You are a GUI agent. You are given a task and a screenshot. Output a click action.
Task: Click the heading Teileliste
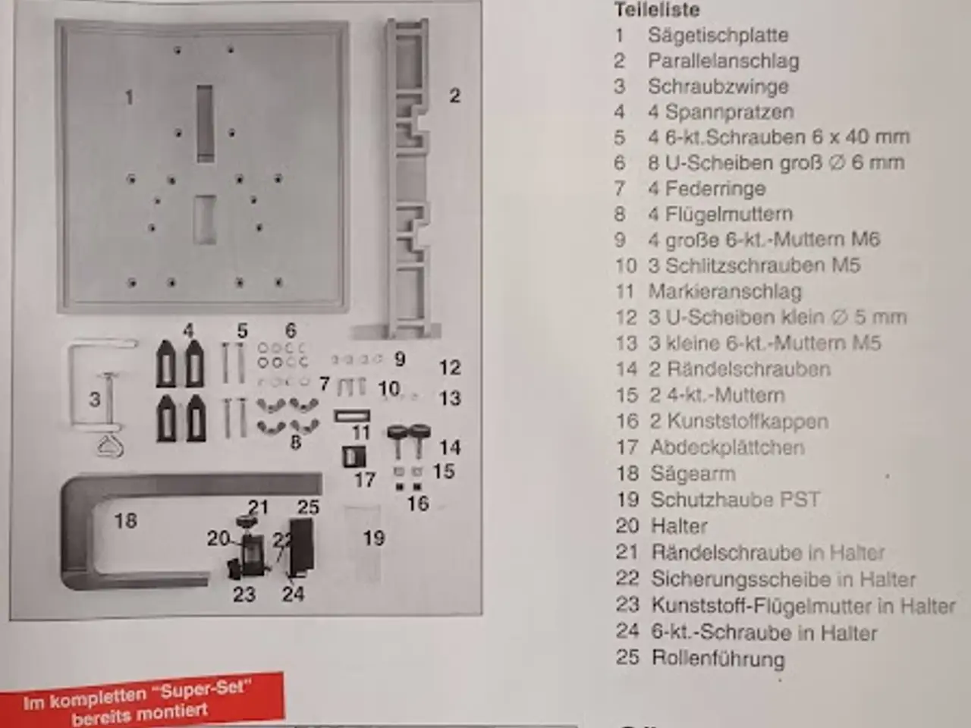coord(657,10)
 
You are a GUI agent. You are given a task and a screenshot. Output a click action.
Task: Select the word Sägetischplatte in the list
coord(718,36)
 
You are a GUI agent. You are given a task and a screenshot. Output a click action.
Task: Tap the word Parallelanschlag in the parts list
coord(723,61)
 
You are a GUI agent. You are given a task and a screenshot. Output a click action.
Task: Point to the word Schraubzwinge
coord(718,86)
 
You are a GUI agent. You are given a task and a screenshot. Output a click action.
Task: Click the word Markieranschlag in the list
coord(725,291)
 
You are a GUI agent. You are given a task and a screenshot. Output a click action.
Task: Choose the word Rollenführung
coord(718,658)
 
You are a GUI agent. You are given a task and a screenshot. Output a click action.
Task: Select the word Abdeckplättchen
coord(727,447)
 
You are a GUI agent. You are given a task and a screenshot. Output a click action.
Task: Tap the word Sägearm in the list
coord(693,474)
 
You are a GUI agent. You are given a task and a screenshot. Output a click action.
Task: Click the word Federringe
coord(716,189)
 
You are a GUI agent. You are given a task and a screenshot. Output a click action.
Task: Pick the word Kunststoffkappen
coord(748,421)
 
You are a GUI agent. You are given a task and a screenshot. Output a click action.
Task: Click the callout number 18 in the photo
coord(126,521)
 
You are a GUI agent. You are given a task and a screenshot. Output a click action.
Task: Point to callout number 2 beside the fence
coord(454,96)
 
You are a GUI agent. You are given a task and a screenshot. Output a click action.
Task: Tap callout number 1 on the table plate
coord(129,98)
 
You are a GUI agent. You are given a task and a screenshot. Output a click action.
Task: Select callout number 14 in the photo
coord(450,447)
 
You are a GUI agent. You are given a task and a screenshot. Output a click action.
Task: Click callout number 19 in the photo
coord(374,538)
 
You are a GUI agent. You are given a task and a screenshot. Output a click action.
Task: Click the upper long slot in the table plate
coord(204,124)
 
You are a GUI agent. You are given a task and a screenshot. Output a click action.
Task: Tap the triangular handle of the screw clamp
coord(110,447)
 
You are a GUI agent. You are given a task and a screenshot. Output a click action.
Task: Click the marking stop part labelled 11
coord(352,416)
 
